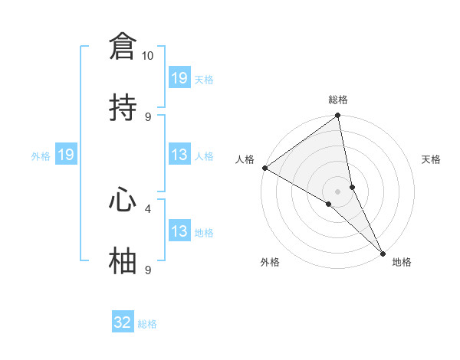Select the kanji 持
point(123,106)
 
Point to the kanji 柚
point(123,260)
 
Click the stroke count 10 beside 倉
point(147,56)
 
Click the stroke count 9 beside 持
point(148,116)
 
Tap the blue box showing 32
point(123,322)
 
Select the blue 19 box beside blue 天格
point(179,77)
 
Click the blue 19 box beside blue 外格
point(66,155)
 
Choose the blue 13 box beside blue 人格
point(179,155)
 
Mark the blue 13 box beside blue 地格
point(179,231)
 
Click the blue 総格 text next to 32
point(147,324)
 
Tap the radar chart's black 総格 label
point(338,100)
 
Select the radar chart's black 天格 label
point(431,159)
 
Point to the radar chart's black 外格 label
point(270,262)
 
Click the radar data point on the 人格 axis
point(264,168)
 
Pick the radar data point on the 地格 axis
point(383,252)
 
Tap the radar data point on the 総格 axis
point(338,116)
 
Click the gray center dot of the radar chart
point(338,191)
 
